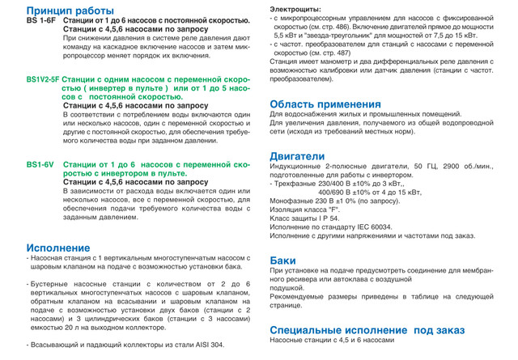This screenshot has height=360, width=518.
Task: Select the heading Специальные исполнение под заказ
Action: point(367,330)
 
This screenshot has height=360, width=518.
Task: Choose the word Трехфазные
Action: point(298,183)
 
